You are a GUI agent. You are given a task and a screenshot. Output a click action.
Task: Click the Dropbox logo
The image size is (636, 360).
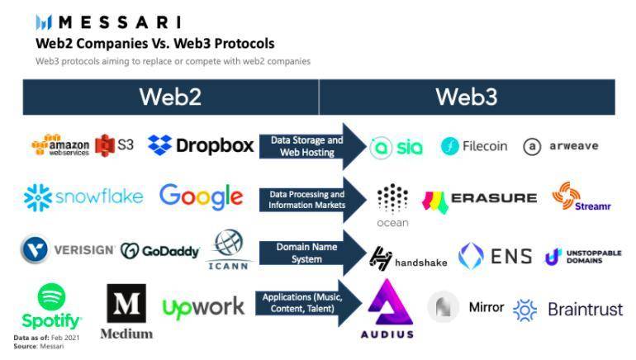(201, 145)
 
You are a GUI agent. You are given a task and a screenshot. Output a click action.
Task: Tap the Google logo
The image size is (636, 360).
(201, 197)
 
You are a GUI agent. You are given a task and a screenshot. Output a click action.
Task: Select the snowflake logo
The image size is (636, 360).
(83, 197)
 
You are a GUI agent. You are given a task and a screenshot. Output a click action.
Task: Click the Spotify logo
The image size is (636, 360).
(51, 307)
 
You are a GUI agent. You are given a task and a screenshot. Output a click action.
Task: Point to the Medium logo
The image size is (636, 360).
(126, 311)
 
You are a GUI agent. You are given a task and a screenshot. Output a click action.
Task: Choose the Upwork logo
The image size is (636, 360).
(203, 307)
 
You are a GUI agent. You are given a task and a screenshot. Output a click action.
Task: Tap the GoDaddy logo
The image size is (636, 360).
(159, 250)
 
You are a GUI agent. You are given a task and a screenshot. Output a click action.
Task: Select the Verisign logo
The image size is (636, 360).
(67, 249)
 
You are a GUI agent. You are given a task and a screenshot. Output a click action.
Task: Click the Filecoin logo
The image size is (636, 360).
(474, 146)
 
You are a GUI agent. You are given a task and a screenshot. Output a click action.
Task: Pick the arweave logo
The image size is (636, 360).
(560, 146)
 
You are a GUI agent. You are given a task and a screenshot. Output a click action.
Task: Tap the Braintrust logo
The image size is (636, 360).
(567, 310)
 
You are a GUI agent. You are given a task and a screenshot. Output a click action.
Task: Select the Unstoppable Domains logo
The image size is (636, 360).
(582, 257)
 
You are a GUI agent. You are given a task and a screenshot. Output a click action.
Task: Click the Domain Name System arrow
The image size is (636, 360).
(311, 252)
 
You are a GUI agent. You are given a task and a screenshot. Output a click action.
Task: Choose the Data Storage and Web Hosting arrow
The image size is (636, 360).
(311, 146)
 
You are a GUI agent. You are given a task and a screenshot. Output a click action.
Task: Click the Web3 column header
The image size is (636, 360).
(466, 97)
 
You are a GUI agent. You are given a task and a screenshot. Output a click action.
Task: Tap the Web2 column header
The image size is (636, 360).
(170, 97)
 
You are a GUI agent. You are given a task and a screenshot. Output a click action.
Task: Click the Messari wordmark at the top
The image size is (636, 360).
(107, 21)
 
